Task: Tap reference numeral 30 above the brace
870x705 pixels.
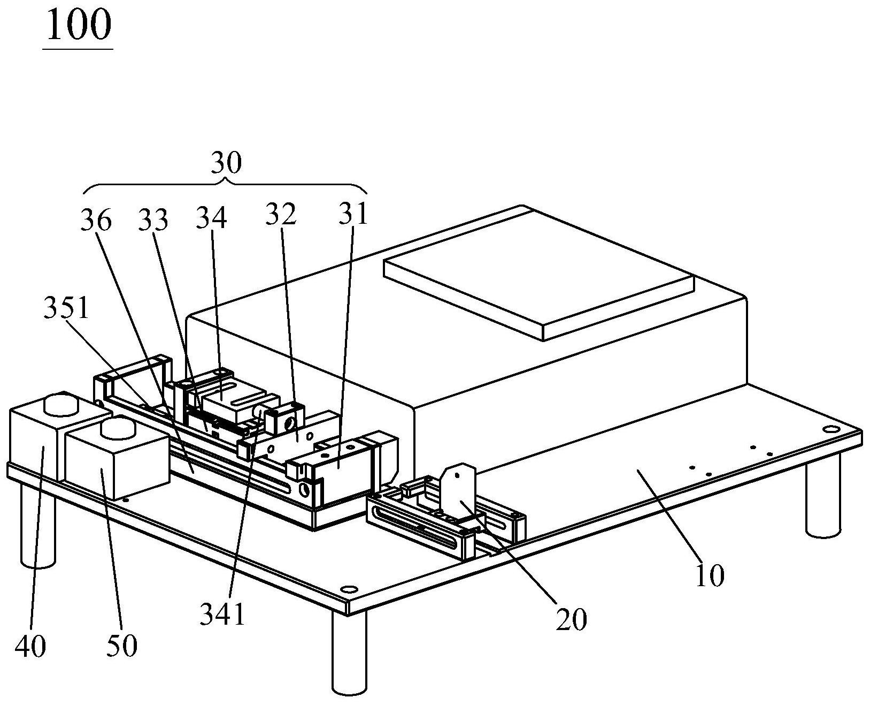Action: (x=226, y=162)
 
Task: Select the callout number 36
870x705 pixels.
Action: (x=96, y=221)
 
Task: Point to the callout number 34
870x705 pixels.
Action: (x=211, y=217)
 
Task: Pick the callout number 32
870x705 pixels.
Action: (x=280, y=214)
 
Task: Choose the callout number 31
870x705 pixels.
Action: (x=353, y=214)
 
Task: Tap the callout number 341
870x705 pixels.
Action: (x=222, y=614)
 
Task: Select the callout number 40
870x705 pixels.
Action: (x=30, y=647)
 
